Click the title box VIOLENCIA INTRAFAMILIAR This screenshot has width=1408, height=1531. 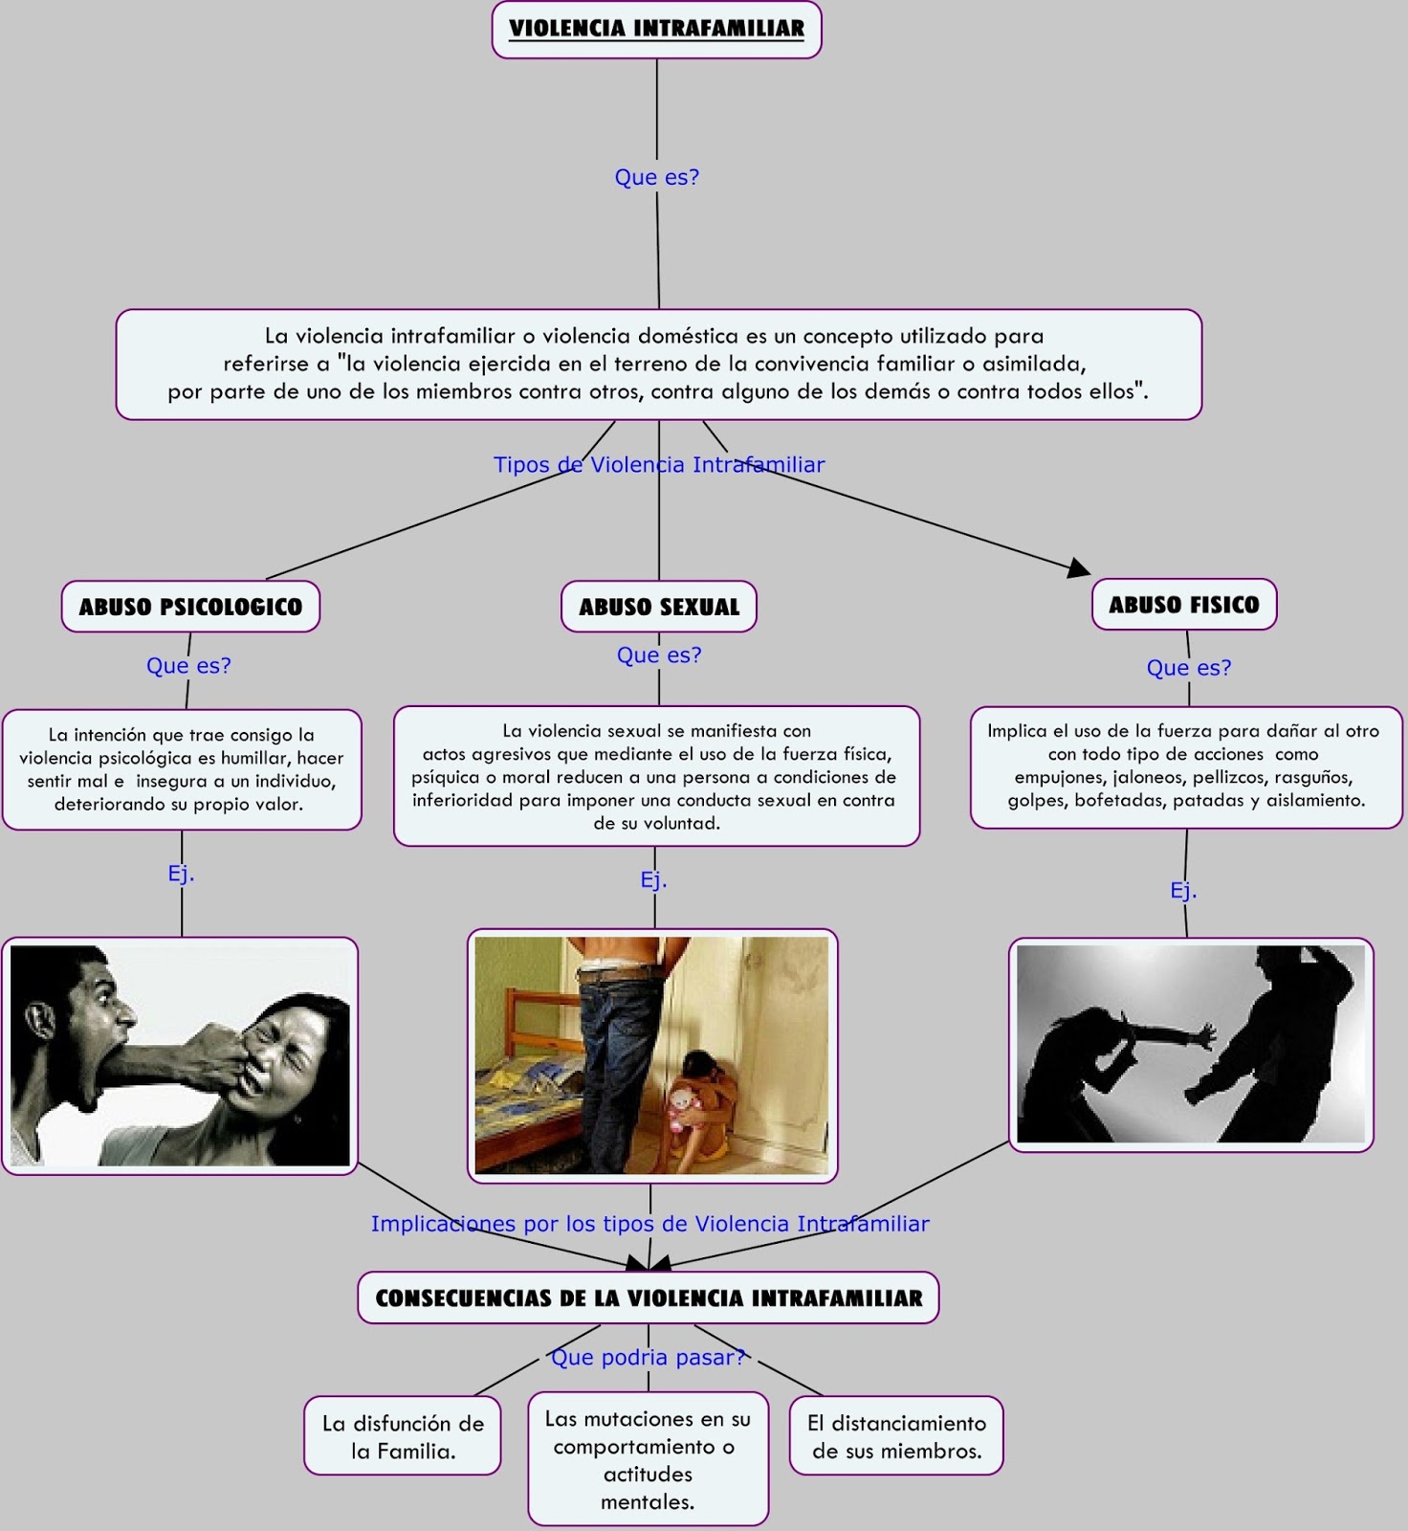click(x=656, y=30)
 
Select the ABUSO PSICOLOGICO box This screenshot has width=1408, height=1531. click(x=190, y=606)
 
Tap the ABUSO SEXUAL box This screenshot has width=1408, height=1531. click(x=659, y=606)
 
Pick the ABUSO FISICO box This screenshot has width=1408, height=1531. click(x=1184, y=604)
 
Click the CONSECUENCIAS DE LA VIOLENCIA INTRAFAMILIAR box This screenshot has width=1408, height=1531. click(x=649, y=1298)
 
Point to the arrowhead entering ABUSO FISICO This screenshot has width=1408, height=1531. click(x=1080, y=568)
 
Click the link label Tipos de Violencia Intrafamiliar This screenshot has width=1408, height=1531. click(x=659, y=465)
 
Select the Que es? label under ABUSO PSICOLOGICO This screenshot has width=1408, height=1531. click(x=188, y=665)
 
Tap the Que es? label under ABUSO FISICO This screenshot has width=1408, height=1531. click(x=1189, y=667)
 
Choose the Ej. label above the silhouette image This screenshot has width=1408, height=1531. click(x=1183, y=890)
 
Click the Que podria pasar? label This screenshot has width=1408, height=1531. click(x=648, y=1357)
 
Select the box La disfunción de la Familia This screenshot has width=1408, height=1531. click(x=403, y=1435)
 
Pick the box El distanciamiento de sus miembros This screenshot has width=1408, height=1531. click(x=896, y=1435)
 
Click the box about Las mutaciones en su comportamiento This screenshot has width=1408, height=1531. click(x=649, y=1459)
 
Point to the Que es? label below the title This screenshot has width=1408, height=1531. click(x=657, y=177)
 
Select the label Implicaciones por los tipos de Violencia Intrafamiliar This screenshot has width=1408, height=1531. click(x=650, y=1224)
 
